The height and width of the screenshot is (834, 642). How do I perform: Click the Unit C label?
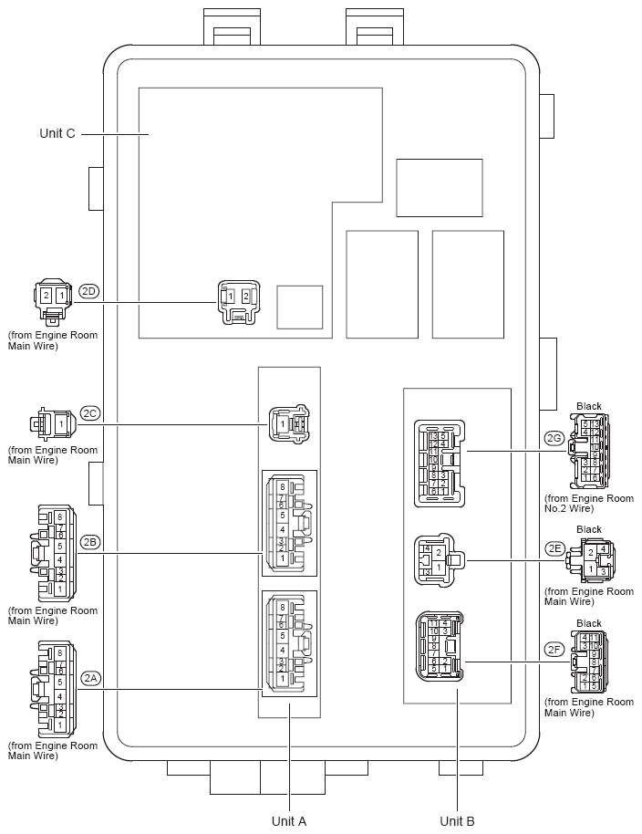[x=57, y=133]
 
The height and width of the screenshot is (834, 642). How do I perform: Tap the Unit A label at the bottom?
[x=288, y=820]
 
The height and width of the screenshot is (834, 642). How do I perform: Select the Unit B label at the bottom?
[x=457, y=820]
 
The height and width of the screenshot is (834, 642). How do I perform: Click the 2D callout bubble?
[x=88, y=292]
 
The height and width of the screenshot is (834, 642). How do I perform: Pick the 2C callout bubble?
[x=88, y=412]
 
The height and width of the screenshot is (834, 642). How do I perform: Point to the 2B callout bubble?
[x=88, y=542]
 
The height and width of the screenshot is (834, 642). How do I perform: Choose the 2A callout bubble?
[x=88, y=678]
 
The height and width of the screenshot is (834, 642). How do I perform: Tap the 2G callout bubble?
[x=554, y=438]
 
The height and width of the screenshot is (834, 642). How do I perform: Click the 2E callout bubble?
[x=554, y=548]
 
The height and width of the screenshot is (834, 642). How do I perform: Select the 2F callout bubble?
[x=554, y=650]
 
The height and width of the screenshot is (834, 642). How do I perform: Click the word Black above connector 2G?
[x=589, y=406]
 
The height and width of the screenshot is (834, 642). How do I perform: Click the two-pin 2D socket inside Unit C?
[x=237, y=300]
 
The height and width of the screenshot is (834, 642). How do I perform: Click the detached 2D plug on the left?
[x=52, y=302]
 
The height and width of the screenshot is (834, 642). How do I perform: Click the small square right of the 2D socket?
[x=299, y=307]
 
